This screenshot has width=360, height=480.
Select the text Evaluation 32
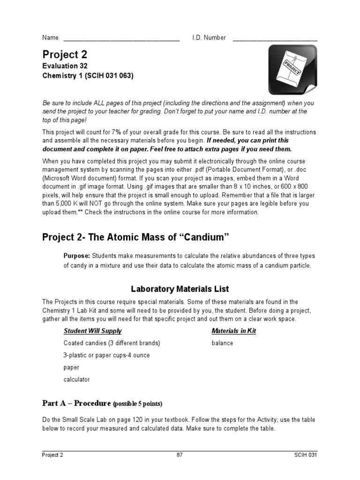point(65,66)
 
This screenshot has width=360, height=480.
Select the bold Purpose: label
point(77,255)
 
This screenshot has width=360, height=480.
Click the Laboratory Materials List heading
point(180,289)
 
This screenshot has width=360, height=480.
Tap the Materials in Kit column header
point(233,331)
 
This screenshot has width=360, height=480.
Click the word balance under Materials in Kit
point(222,343)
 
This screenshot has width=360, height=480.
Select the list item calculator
point(76,379)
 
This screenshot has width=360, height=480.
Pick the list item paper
point(71,367)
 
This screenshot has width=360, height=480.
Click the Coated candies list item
point(112,343)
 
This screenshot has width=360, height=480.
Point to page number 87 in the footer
point(180,455)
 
